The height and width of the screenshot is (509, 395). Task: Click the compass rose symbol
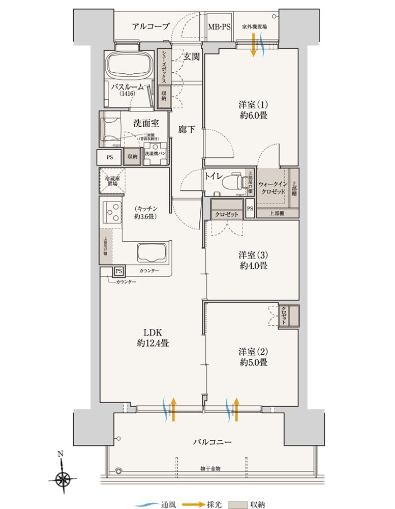pos(63,477)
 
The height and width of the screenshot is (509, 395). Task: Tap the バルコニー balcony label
pos(212,442)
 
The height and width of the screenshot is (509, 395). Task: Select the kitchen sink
pos(151,252)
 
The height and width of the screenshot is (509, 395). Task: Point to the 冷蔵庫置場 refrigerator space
pos(111,180)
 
